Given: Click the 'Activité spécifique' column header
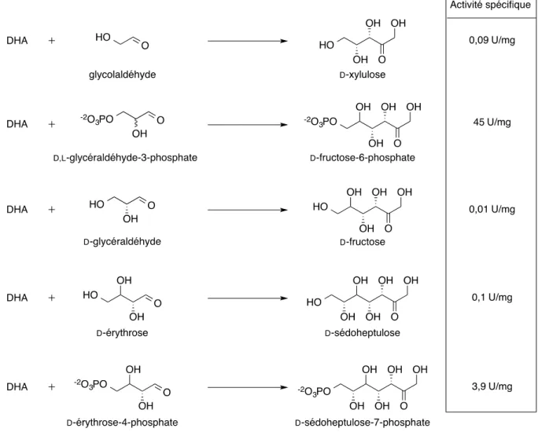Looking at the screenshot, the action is [x=490, y=5].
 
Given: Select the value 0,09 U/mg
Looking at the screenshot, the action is [x=492, y=40].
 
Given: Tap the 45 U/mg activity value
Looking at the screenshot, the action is [x=492, y=122].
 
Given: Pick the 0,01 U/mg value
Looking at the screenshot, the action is [x=492, y=209].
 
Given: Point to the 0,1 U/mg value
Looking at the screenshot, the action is [x=492, y=298].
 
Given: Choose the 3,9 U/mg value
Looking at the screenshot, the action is [x=492, y=386].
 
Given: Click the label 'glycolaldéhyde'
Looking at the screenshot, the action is [x=123, y=75].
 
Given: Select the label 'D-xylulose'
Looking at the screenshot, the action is [x=363, y=75].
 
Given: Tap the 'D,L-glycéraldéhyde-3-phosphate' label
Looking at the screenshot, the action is [x=125, y=158].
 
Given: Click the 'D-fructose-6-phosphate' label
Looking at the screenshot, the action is [x=363, y=158].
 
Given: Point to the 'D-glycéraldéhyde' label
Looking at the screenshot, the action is [x=122, y=242].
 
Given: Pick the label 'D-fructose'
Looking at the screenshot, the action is [x=363, y=242].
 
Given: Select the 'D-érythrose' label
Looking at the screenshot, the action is [x=122, y=333].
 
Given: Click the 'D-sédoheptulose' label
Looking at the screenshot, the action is [x=363, y=333].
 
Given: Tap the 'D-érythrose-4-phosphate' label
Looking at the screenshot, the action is [x=123, y=423].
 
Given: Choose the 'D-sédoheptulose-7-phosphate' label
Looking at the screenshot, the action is [x=363, y=423].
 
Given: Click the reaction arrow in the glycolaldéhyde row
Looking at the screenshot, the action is [x=248, y=41].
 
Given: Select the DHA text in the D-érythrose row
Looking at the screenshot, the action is [x=17, y=298].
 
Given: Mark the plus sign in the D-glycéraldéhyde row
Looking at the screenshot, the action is [x=51, y=209].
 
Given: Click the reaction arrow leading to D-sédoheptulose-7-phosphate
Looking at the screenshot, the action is [x=248, y=387].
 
